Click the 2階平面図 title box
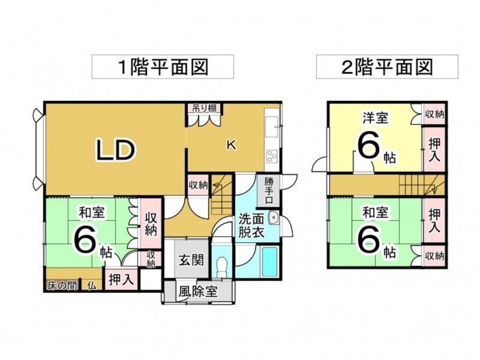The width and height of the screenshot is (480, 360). (x=387, y=67)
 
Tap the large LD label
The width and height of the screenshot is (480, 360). (x=115, y=151)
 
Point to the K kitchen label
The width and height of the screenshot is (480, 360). (x=230, y=145)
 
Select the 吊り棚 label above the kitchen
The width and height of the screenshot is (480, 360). (x=205, y=109)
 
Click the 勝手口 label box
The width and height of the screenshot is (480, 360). (x=269, y=190)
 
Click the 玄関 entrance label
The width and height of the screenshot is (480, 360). (x=191, y=261)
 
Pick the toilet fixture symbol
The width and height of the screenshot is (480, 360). (x=222, y=265)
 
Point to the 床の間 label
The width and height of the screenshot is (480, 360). (x=62, y=286)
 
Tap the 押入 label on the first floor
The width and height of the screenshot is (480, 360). (x=122, y=280)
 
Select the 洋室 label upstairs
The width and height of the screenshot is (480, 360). (x=374, y=118)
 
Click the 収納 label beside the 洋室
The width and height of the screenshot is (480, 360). (x=434, y=114)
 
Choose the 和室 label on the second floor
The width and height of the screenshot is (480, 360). (x=374, y=212)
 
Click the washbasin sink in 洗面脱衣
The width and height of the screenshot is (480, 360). (x=274, y=218)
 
